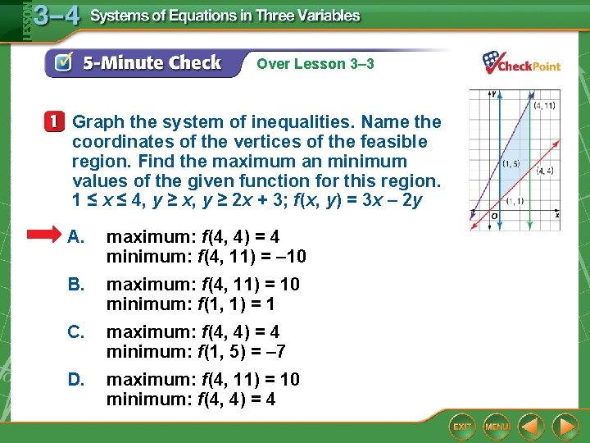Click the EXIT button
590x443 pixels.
click(463, 427)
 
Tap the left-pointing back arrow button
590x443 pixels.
click(532, 427)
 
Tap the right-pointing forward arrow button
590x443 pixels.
click(565, 427)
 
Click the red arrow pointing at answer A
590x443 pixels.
click(49, 236)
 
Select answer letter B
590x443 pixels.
click(76, 284)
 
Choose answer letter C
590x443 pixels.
click(76, 331)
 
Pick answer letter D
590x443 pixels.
click(76, 379)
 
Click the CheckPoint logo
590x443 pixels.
click(521, 63)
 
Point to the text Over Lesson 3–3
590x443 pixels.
click(315, 63)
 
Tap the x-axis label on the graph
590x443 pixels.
click(556, 214)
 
